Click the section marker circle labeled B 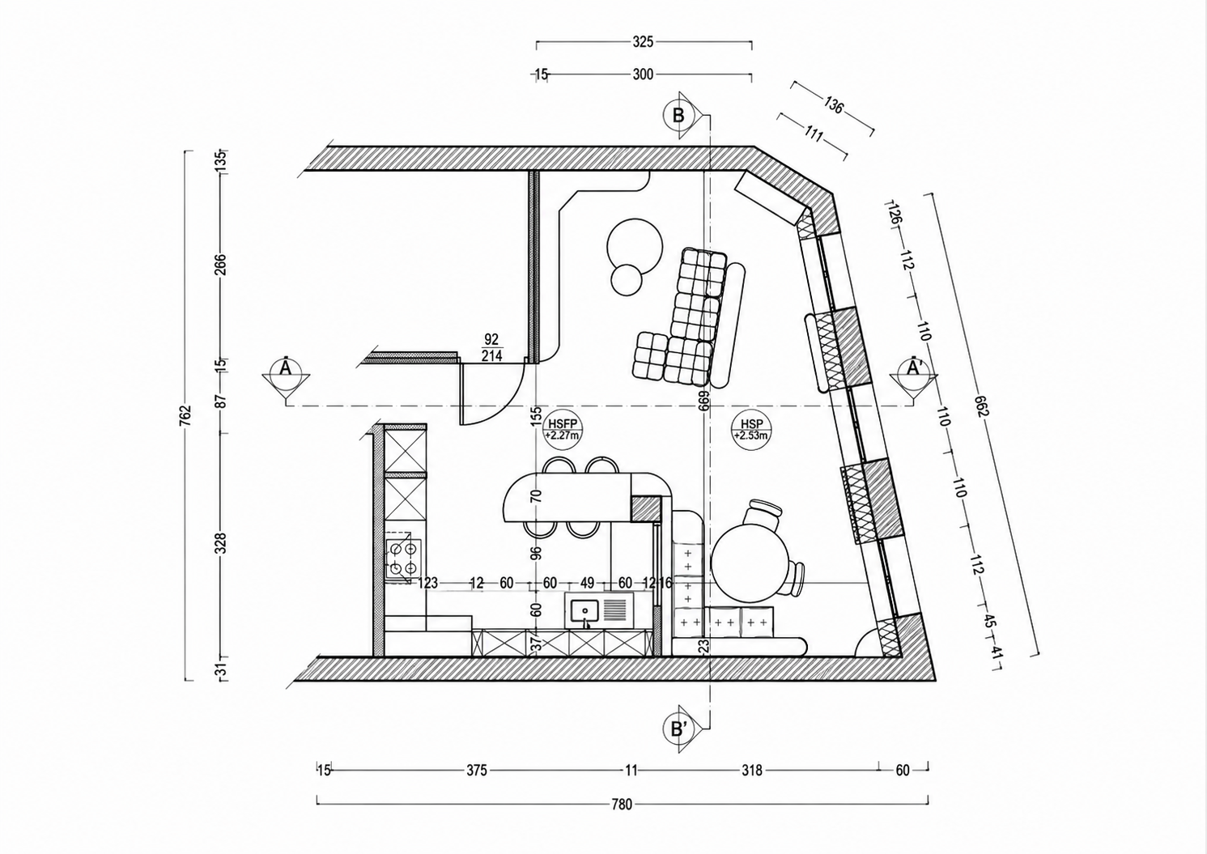tap(678, 115)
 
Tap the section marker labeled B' tap(678, 729)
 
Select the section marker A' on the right tap(914, 368)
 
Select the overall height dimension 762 tap(185, 415)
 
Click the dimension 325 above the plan tap(643, 41)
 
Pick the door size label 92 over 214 tap(491, 347)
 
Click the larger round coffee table tap(635, 246)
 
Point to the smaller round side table tap(626, 279)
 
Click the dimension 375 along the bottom tap(477, 771)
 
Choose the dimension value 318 tap(752, 771)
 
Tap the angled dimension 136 tap(832, 104)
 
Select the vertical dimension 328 tap(221, 543)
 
